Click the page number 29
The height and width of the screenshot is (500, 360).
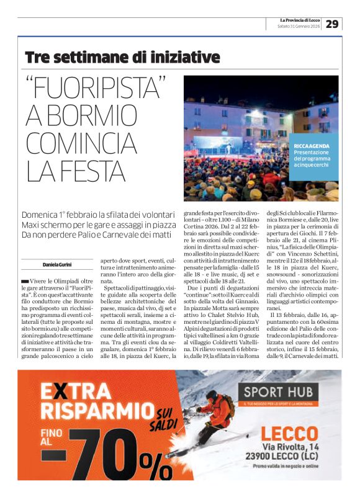(332, 24)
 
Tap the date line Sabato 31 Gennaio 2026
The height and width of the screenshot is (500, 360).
(299, 27)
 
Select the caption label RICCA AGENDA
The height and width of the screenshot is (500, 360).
(312, 146)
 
